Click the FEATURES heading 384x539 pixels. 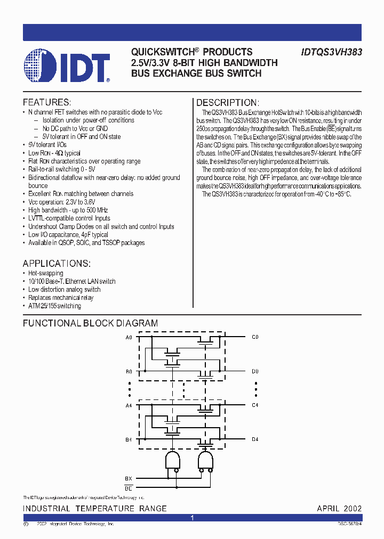pos(47,102)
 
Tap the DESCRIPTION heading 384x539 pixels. pos(228,103)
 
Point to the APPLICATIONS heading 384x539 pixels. pos(57,264)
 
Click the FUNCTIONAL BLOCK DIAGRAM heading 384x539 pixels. pos(90,323)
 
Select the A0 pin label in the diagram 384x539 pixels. pos(129,337)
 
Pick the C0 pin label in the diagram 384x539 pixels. pos(255,337)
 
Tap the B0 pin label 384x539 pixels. pos(129,371)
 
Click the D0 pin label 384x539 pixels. pos(255,371)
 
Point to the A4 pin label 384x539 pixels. pos(129,405)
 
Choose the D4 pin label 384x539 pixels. pos(255,439)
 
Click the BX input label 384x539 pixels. pos(129,478)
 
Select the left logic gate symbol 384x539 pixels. pos(172,461)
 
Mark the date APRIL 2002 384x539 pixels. pos(339,509)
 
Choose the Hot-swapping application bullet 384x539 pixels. pos(45,273)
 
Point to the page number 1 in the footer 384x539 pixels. pos(192,518)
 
